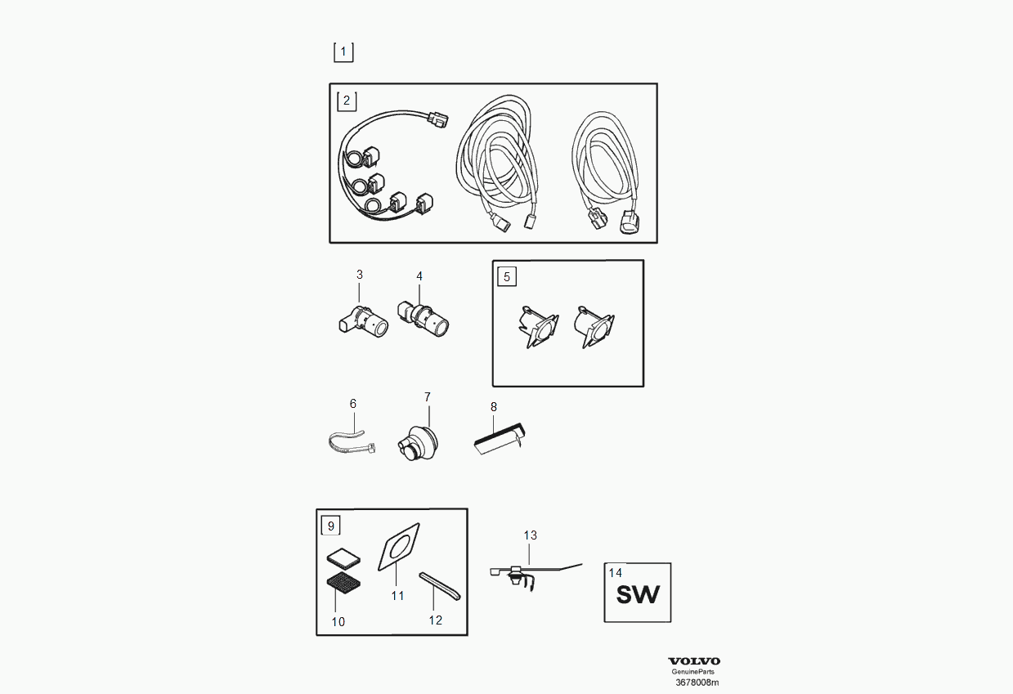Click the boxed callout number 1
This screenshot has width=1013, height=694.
343,52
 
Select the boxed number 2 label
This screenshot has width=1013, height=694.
347,101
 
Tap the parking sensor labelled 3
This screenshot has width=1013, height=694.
363,321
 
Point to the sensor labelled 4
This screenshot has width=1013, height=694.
423,319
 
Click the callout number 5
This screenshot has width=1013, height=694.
507,276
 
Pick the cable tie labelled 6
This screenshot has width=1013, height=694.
352,443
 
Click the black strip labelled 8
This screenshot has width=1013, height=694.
500,437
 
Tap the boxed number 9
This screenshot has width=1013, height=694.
330,526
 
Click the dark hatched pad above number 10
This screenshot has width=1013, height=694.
344,582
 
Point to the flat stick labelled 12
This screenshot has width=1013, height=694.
440,586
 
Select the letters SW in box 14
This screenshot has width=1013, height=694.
638,595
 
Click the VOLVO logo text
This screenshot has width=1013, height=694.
694,661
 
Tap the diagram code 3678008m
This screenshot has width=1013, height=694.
697,683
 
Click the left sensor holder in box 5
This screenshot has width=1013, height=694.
538,326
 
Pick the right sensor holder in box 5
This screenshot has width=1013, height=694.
594,326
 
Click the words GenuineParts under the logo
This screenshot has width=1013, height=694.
693,672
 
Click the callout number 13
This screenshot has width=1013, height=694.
530,535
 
